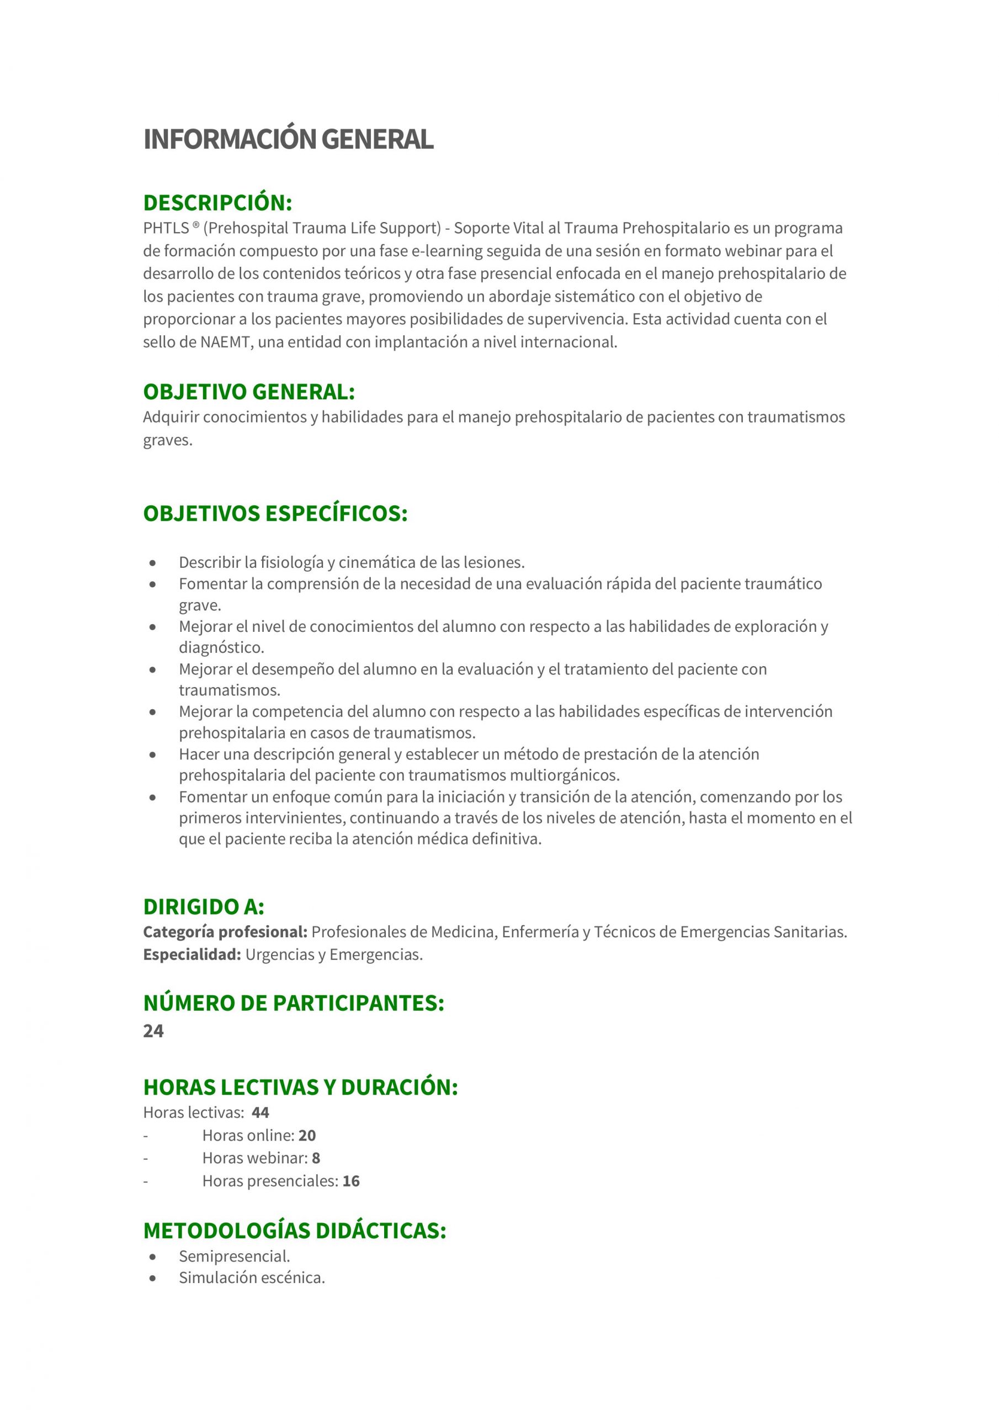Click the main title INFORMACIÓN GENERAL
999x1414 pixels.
coord(288,139)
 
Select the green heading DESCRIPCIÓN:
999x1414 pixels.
coord(217,203)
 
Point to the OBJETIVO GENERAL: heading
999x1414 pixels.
coord(249,392)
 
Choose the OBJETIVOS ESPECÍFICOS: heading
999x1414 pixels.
coord(275,513)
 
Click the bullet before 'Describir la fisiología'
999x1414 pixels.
coord(153,563)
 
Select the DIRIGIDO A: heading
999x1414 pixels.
coord(204,906)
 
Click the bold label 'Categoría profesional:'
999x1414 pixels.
coord(225,932)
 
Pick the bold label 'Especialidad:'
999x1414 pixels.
coord(192,954)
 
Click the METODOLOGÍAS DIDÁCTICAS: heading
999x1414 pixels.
coord(294,1231)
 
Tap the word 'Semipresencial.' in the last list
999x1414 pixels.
coord(235,1257)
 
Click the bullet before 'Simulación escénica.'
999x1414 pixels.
coord(153,1279)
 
